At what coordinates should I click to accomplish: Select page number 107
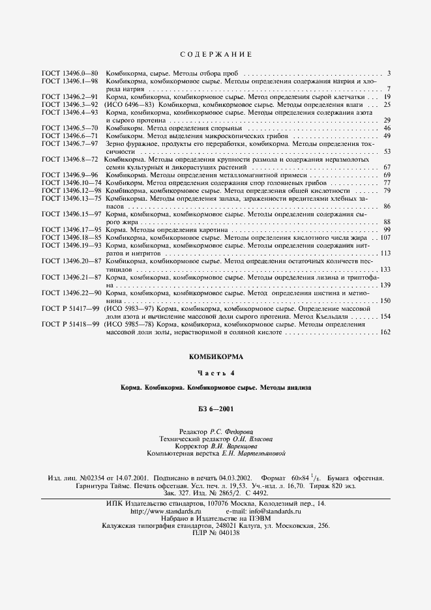click(x=384, y=238)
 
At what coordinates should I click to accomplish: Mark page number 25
click(x=387, y=104)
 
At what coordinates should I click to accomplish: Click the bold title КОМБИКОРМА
click(x=215, y=357)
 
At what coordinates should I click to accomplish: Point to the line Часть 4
click(x=215, y=373)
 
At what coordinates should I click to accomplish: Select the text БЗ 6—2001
click(x=215, y=409)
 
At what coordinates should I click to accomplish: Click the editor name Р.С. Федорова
click(x=231, y=431)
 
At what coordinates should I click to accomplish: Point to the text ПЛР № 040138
click(x=216, y=533)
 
